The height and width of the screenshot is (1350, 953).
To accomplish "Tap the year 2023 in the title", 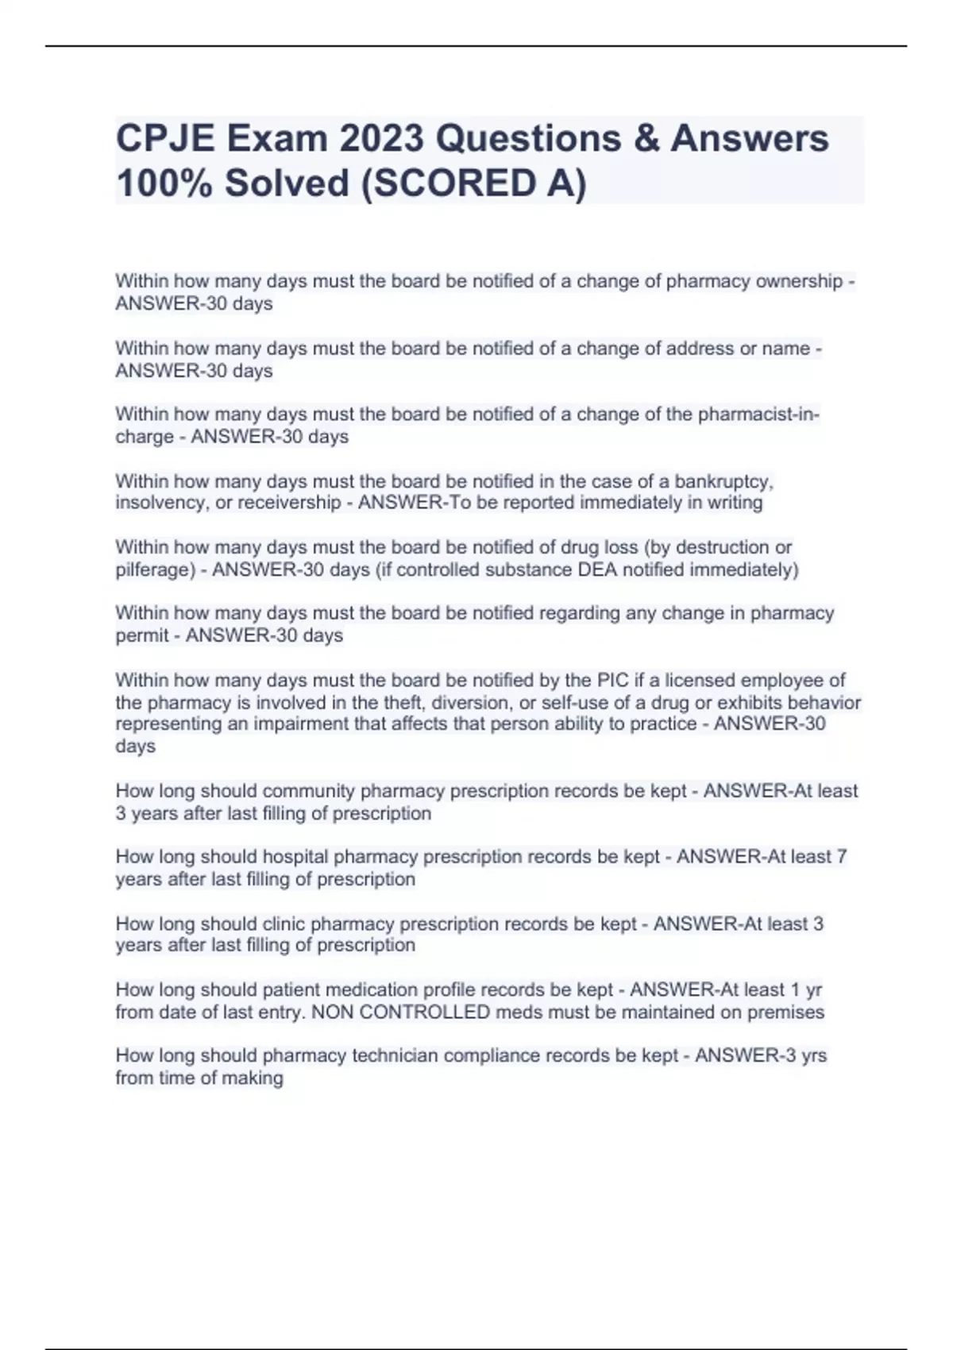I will tap(380, 139).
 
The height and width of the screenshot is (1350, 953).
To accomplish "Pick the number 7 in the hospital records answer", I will tap(842, 858).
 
